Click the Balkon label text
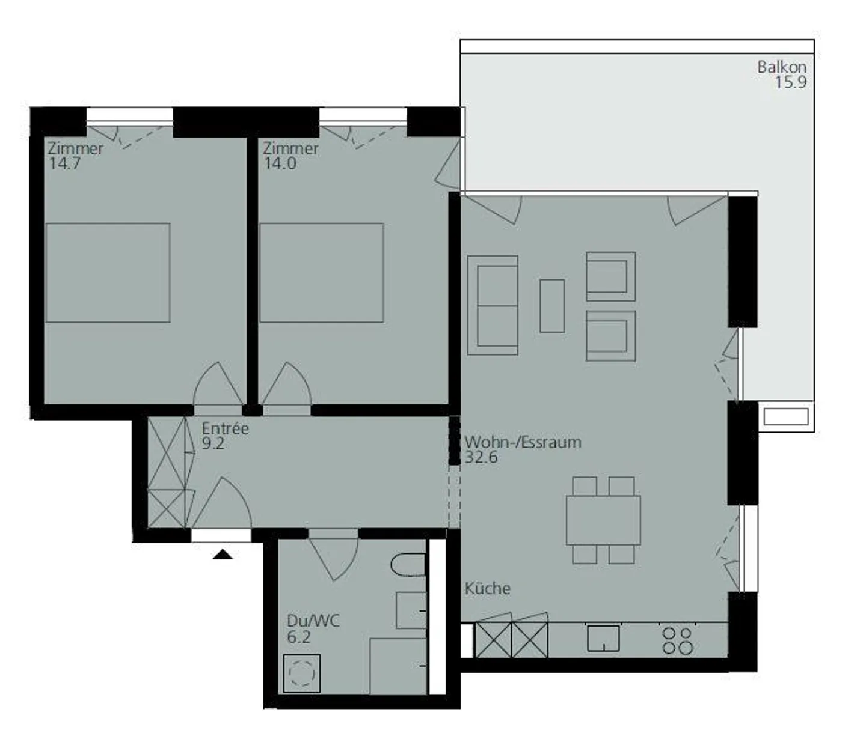tap(781, 67)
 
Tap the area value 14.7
tap(64, 163)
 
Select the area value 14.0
tap(280, 163)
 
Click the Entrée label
tap(225, 428)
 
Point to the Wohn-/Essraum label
tap(523, 442)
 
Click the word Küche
tap(487, 588)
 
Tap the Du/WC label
tap(313, 621)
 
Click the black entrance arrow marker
tap(223, 555)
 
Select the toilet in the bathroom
tap(408, 565)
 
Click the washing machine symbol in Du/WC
tap(301, 673)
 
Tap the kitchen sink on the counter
tap(603, 638)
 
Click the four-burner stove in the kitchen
tap(678, 640)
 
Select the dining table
tap(603, 520)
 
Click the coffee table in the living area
tap(552, 305)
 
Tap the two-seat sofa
tap(493, 305)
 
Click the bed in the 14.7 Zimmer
tap(108, 273)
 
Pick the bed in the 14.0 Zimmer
tap(322, 273)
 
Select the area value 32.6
tap(481, 457)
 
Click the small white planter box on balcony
tap(786, 416)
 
